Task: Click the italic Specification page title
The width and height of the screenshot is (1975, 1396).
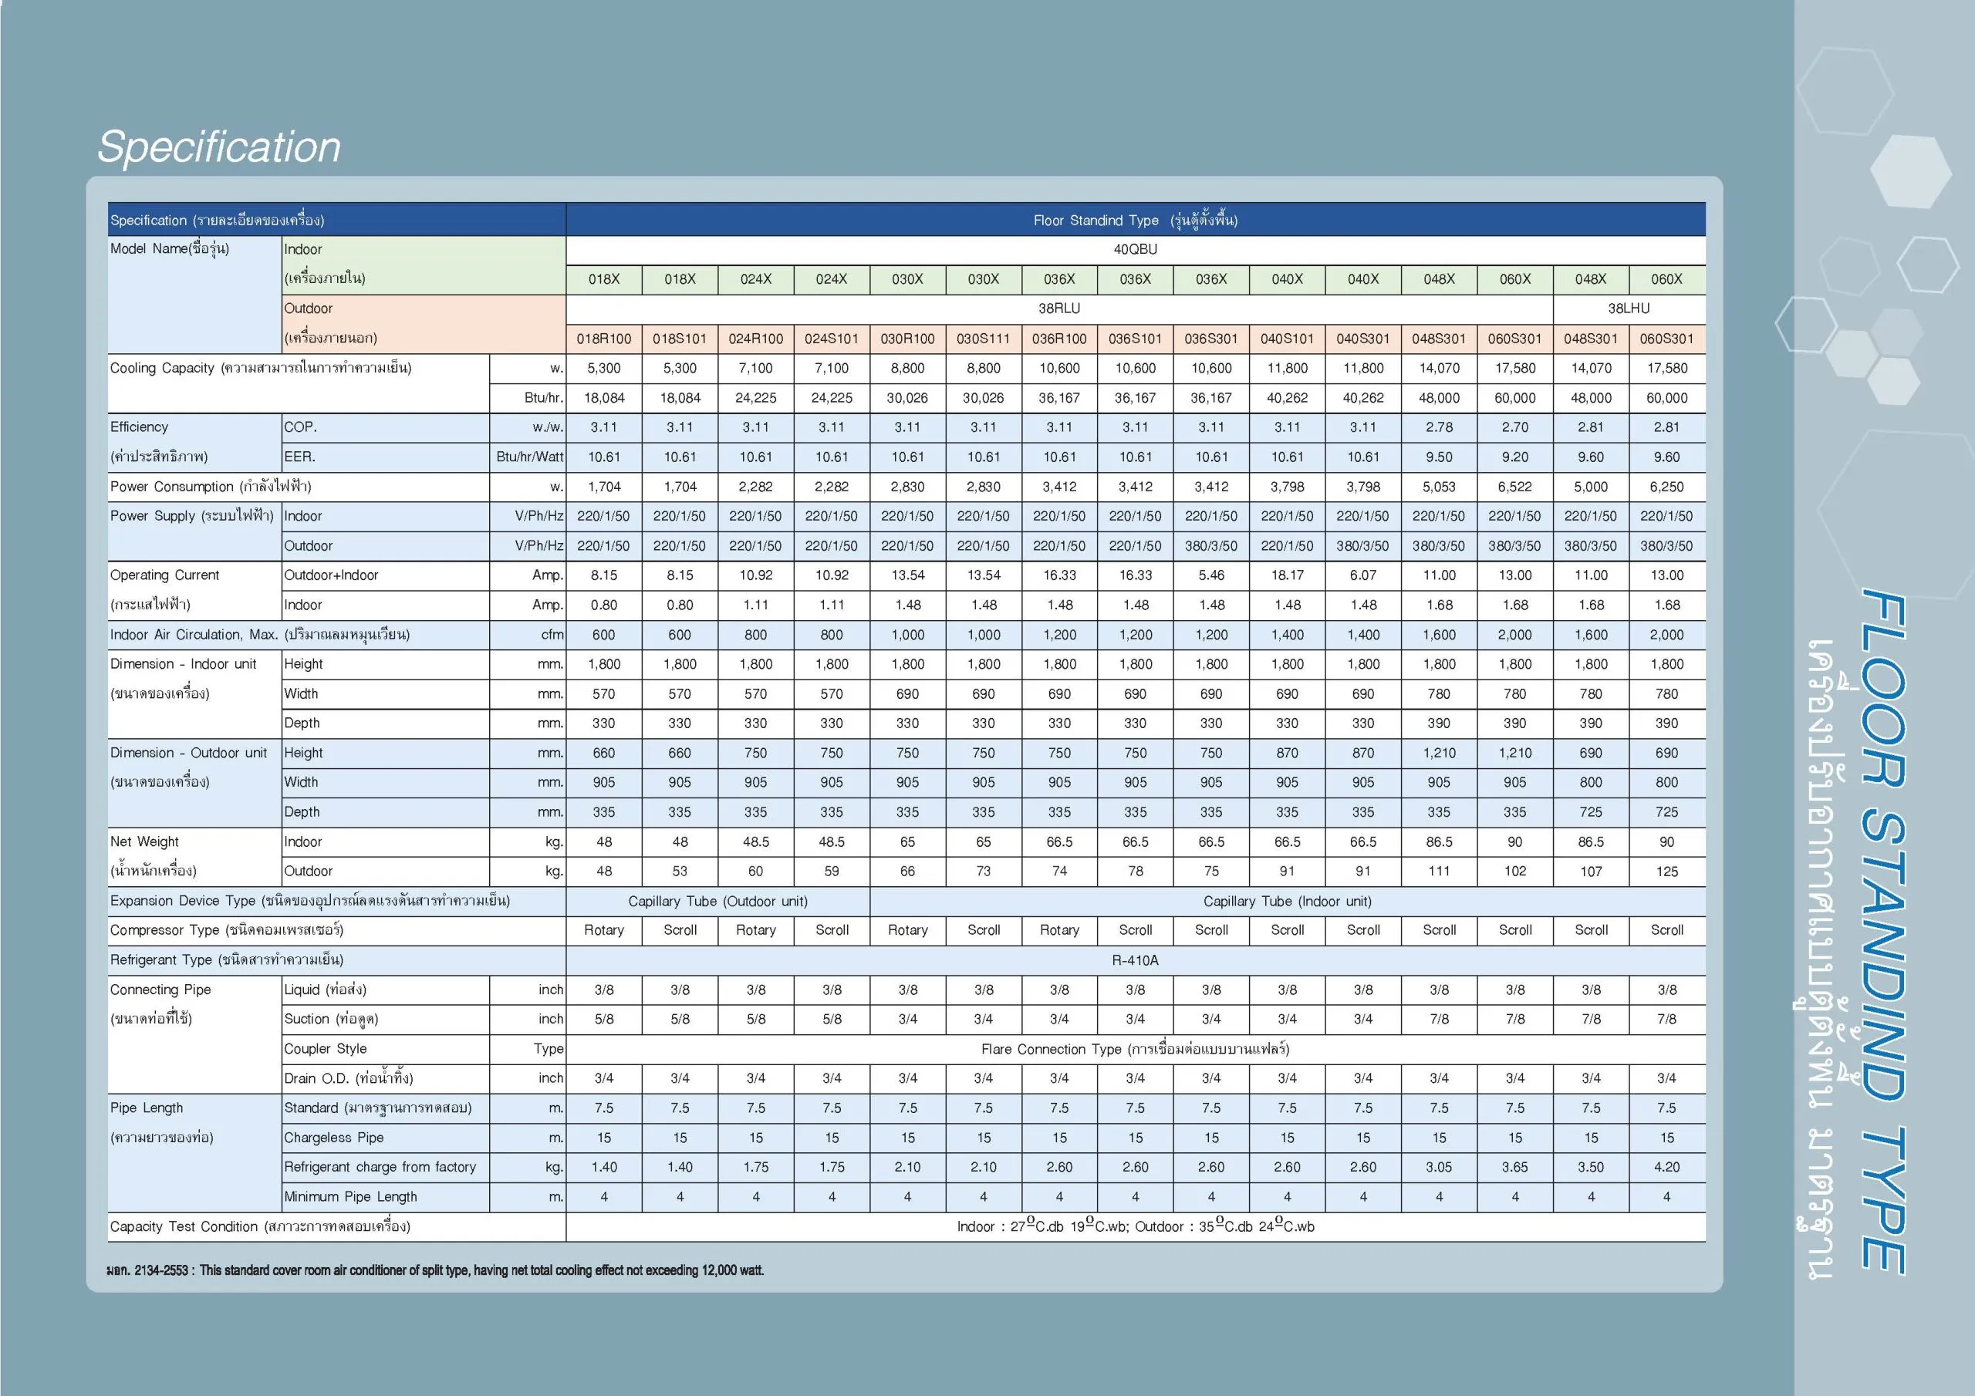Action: tap(219, 147)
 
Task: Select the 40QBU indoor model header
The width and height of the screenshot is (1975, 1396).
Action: tap(1135, 249)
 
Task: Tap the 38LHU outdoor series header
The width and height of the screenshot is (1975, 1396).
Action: tap(1629, 309)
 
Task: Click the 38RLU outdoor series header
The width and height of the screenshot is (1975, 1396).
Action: tap(1059, 309)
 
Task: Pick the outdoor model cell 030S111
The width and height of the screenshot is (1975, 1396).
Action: tap(983, 339)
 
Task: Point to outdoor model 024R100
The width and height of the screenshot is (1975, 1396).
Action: tap(755, 339)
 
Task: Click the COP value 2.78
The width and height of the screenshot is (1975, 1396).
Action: tap(1438, 427)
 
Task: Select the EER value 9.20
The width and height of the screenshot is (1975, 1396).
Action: tap(1514, 457)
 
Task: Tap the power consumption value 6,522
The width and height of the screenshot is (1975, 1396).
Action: tap(1514, 487)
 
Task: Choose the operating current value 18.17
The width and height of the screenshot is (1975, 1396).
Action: tap(1287, 575)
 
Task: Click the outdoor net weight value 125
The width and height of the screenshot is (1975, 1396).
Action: tap(1666, 872)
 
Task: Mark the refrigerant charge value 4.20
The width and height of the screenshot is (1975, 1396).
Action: tap(1666, 1167)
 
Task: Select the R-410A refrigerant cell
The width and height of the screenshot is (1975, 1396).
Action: tap(1135, 960)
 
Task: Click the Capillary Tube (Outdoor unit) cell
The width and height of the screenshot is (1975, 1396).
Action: tap(717, 902)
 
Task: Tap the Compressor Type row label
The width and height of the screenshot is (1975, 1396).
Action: tap(226, 931)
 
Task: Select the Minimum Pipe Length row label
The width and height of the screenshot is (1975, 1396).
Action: tap(350, 1197)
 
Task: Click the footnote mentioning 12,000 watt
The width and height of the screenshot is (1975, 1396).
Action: tap(435, 1270)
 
